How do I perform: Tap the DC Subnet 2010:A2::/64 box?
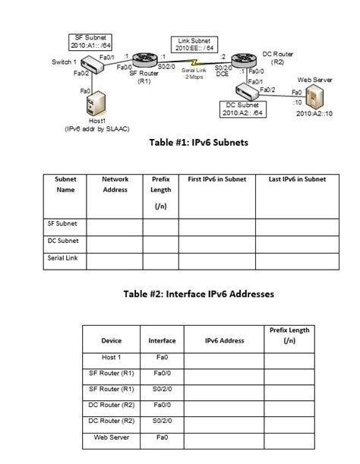(x=242, y=109)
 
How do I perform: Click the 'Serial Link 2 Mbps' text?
(x=193, y=74)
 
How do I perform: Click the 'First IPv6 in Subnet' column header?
(x=216, y=179)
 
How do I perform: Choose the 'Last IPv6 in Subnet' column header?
(x=297, y=179)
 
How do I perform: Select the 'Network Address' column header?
(x=115, y=185)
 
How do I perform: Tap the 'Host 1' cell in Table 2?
(x=112, y=356)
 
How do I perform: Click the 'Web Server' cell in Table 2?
(x=112, y=437)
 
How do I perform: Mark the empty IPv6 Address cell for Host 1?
(x=223, y=357)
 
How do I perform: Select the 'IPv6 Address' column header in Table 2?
(x=223, y=341)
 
